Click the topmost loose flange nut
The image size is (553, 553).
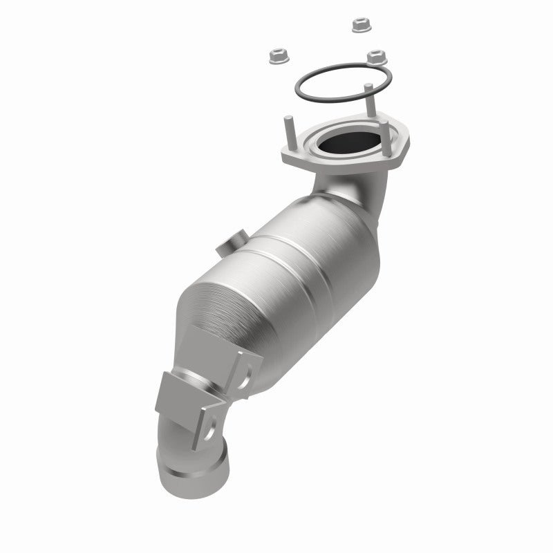pyautogui.click(x=359, y=24)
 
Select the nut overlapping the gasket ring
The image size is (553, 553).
pyautogui.click(x=377, y=57)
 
